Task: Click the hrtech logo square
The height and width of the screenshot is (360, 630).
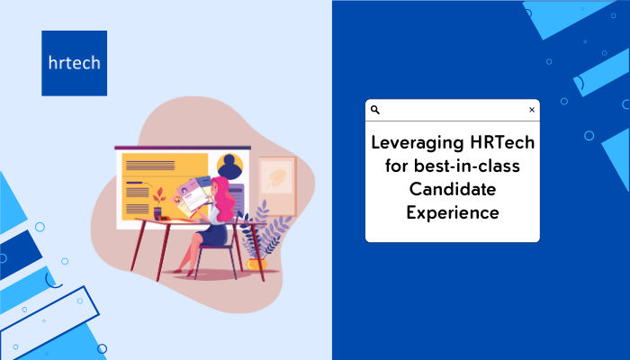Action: (x=75, y=63)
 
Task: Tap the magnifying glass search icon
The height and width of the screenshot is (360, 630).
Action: (x=375, y=110)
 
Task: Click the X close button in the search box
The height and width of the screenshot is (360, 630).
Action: (x=532, y=110)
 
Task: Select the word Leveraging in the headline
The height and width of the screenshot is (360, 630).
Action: (x=418, y=143)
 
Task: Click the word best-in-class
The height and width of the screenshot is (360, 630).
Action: (x=467, y=166)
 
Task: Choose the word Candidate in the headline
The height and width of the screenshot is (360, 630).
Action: (x=453, y=189)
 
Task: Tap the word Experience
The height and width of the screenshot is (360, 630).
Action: (x=453, y=213)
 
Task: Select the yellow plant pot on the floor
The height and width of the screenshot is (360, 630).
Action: (x=256, y=264)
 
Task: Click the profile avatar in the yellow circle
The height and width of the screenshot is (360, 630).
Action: (x=229, y=166)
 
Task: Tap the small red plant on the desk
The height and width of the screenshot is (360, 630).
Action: (x=158, y=198)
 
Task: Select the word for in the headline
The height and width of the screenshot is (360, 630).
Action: (x=397, y=166)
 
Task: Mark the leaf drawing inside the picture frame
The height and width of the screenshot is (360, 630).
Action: (x=277, y=178)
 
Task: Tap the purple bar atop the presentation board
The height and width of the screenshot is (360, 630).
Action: (x=183, y=148)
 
